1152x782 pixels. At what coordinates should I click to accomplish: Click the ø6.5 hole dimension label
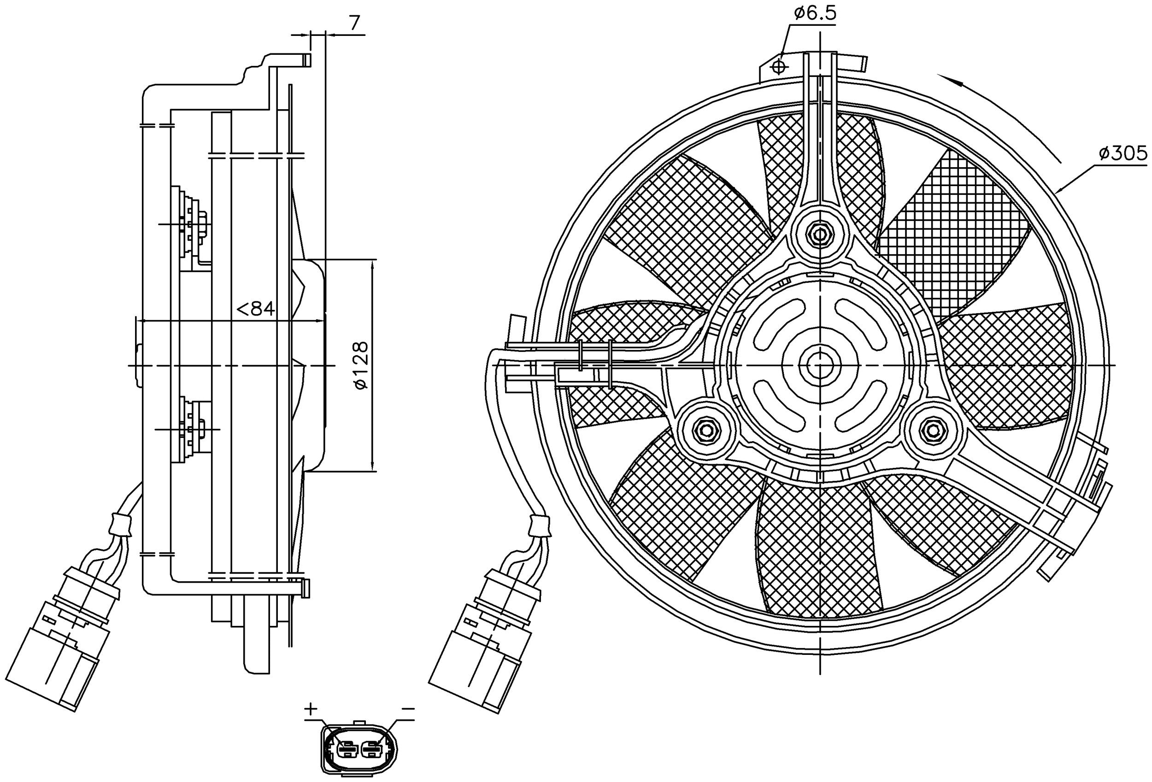(x=814, y=13)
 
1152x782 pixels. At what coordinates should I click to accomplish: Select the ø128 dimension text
(x=362, y=365)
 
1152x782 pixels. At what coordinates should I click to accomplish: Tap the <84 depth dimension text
(x=256, y=309)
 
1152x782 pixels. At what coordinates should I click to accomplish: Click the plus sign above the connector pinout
(x=310, y=709)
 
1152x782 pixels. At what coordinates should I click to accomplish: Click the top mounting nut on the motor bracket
(x=820, y=233)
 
